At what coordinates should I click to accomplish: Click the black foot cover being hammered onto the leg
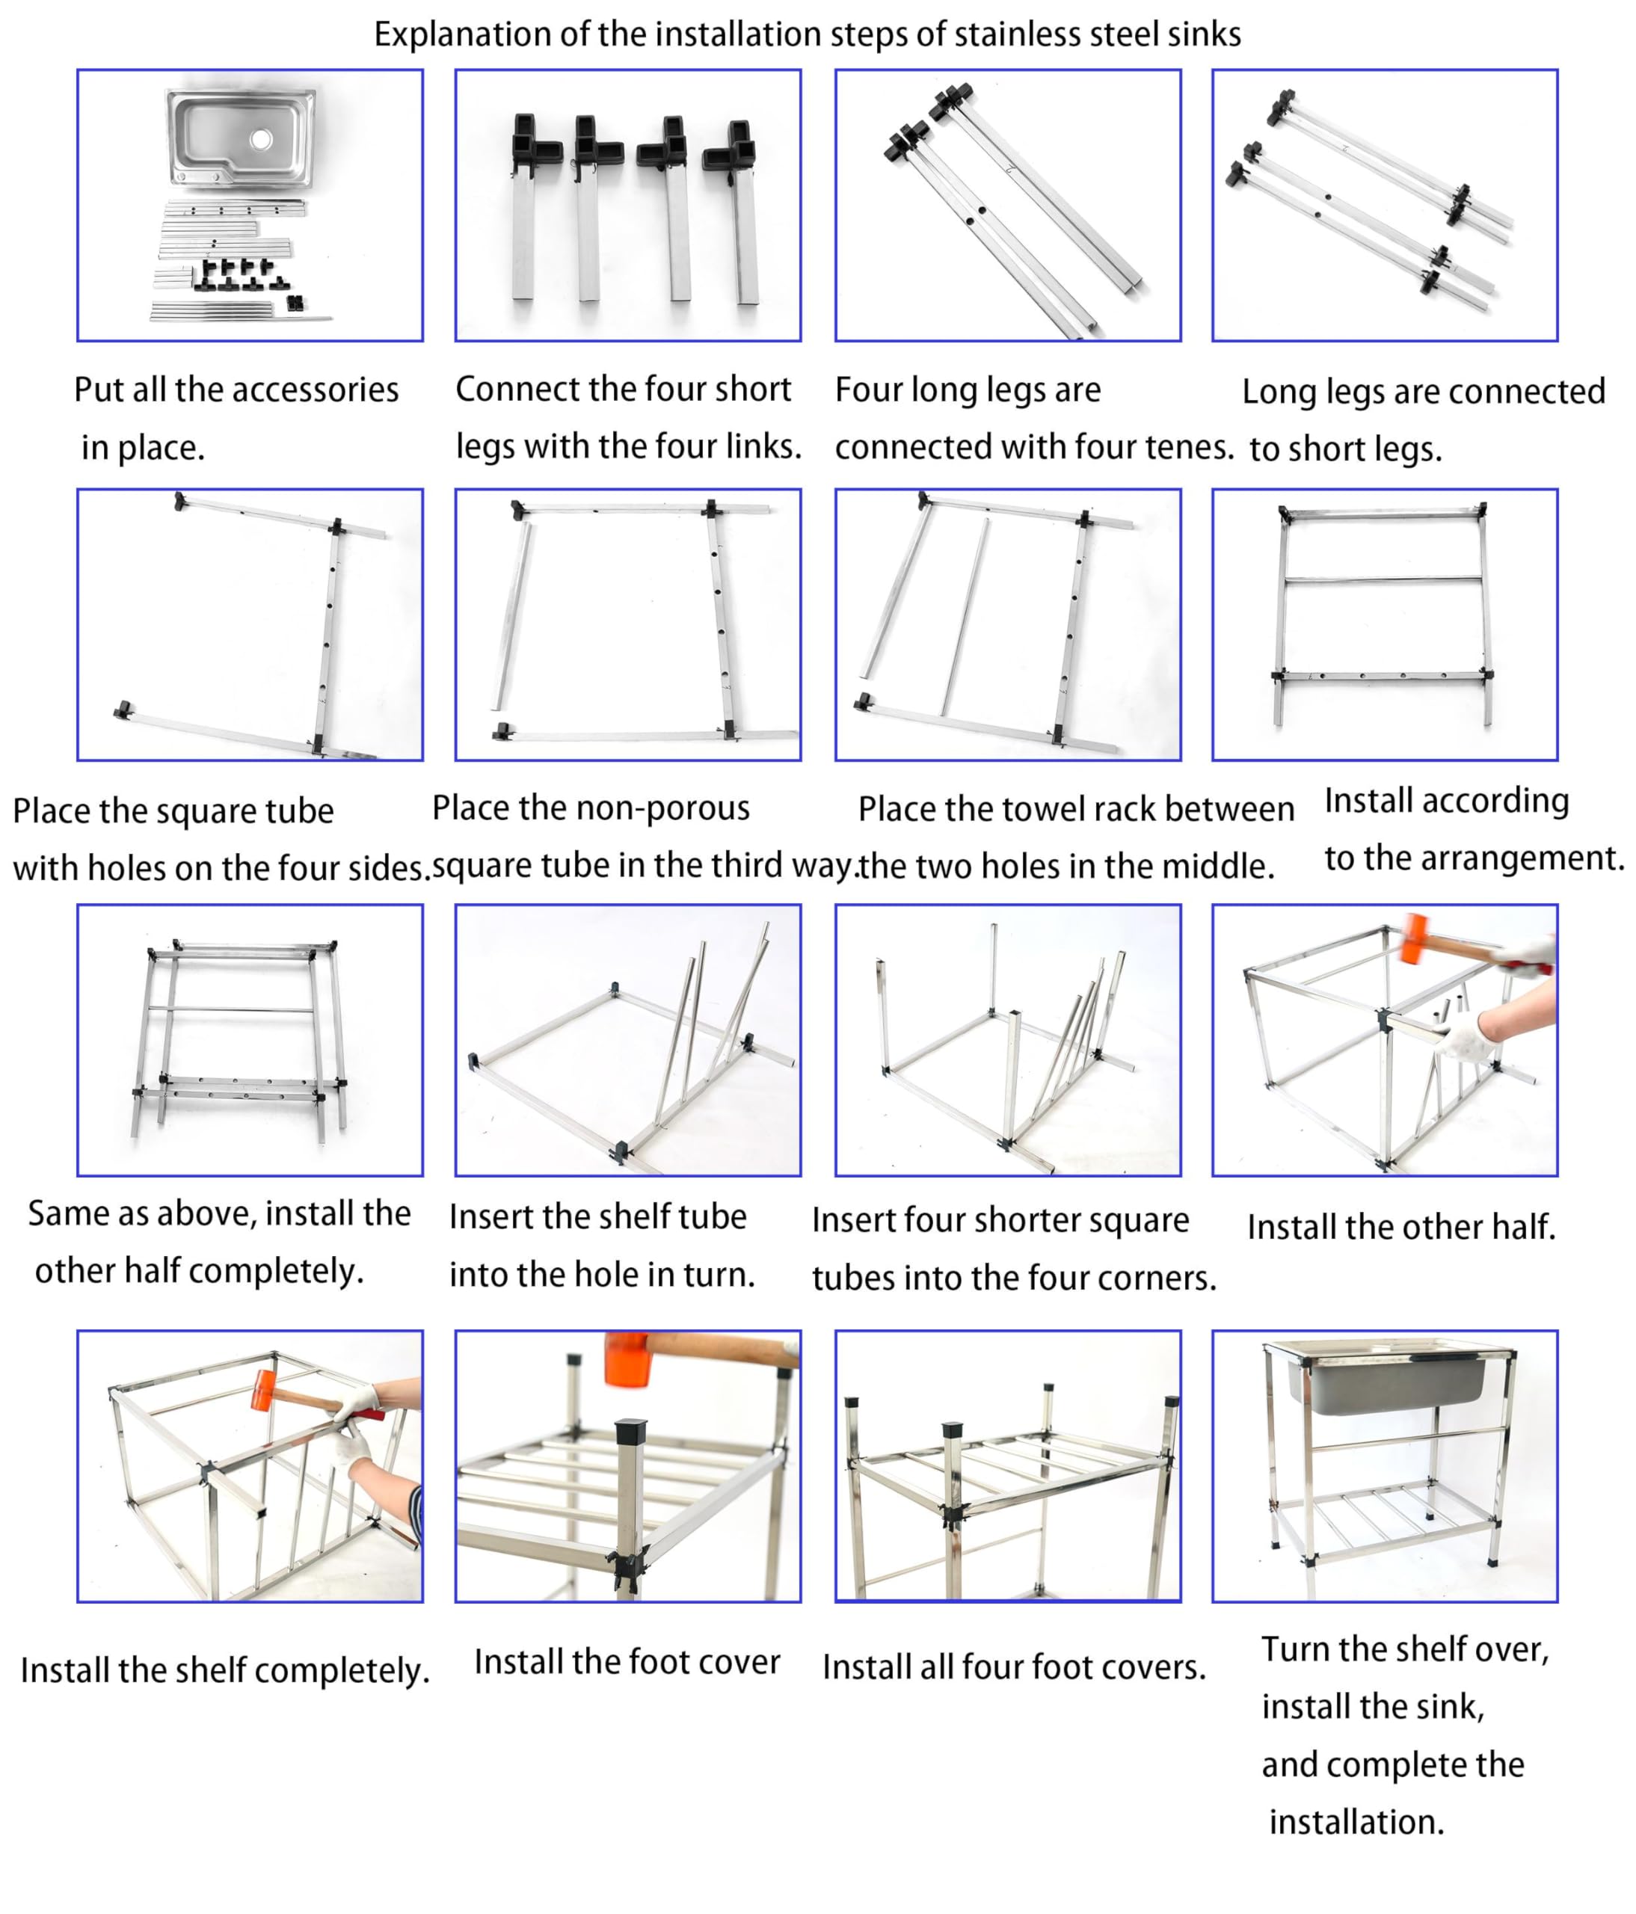[632, 1431]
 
